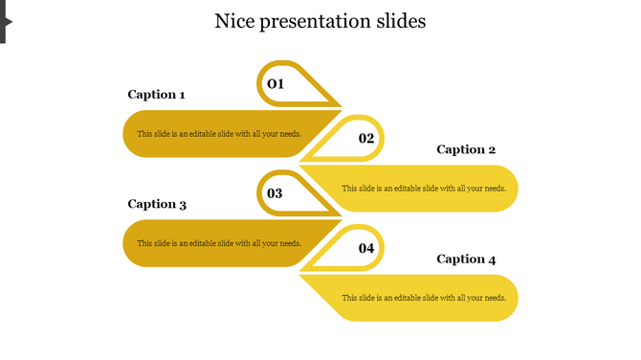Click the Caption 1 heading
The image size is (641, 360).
pyautogui.click(x=156, y=95)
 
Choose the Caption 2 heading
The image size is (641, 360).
pyautogui.click(x=466, y=149)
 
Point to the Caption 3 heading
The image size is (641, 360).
pyautogui.click(x=157, y=204)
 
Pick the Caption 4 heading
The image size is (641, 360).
pyautogui.click(x=466, y=259)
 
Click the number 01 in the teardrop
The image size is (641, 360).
pyautogui.click(x=276, y=84)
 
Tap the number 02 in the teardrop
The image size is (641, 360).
pyautogui.click(x=366, y=139)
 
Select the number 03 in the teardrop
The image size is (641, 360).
pyautogui.click(x=275, y=193)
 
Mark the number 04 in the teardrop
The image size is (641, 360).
pyautogui.click(x=366, y=249)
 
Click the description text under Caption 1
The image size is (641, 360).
pyautogui.click(x=219, y=134)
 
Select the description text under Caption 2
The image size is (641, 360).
pyautogui.click(x=424, y=189)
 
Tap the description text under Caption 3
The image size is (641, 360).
pyautogui.click(x=219, y=243)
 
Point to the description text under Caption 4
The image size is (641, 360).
pyautogui.click(x=424, y=298)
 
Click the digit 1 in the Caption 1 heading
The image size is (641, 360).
pyautogui.click(x=181, y=95)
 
